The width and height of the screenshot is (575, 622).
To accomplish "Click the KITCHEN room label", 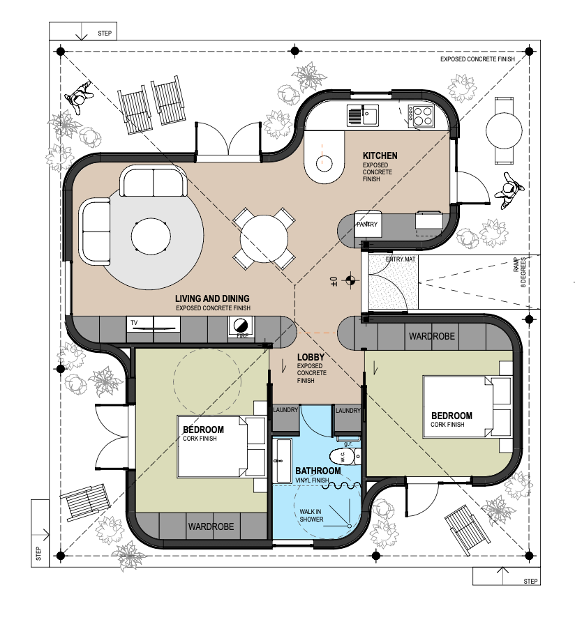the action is (x=380, y=155).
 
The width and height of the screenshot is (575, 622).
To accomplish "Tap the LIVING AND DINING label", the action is (x=212, y=298).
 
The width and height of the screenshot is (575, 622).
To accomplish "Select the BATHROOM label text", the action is (x=318, y=471).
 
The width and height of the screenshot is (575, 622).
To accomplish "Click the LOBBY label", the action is (x=311, y=357).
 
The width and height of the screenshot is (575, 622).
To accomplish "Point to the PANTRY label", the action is (x=367, y=224).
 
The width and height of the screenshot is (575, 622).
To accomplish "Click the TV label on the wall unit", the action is (x=134, y=322).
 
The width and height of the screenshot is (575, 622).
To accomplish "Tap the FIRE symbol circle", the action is (x=241, y=325).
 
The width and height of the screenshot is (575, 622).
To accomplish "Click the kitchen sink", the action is (x=363, y=114).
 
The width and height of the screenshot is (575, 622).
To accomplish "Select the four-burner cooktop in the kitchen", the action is (x=423, y=116).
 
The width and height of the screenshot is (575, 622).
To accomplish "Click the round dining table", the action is (x=264, y=238).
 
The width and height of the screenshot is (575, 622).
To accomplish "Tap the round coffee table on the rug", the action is (x=151, y=237).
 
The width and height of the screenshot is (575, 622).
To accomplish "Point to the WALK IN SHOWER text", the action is (x=311, y=515).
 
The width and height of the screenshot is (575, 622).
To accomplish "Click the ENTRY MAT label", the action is (x=401, y=259).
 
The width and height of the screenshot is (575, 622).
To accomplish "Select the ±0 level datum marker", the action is (x=343, y=281).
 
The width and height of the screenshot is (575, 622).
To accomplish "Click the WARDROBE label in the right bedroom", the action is (x=432, y=336).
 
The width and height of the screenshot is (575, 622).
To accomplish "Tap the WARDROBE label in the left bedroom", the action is (x=211, y=526).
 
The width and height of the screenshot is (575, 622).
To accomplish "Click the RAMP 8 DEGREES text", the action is (x=519, y=272).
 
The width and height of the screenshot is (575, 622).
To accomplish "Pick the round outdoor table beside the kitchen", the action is (x=504, y=130).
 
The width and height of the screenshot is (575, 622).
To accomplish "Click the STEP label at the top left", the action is (x=105, y=33).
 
